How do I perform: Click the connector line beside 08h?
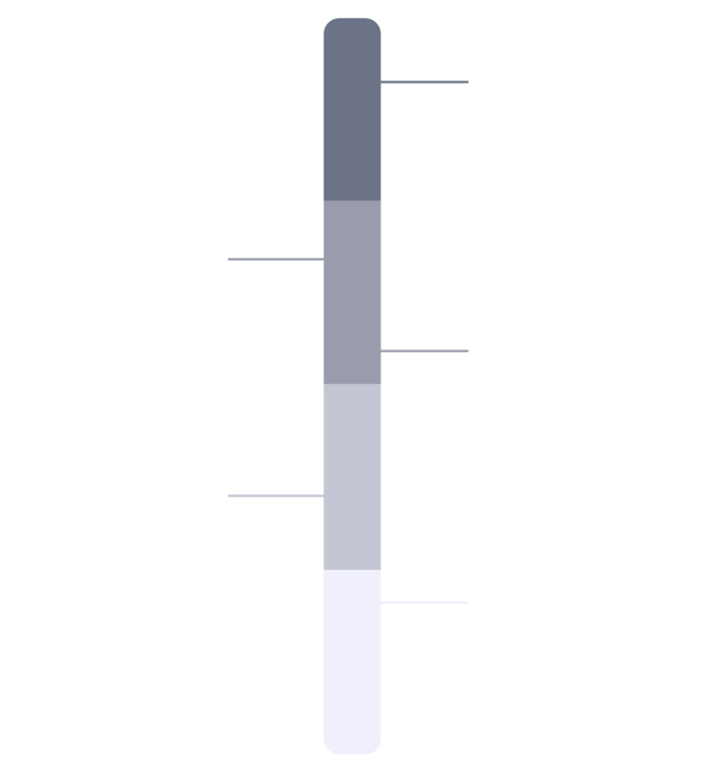point(425,82)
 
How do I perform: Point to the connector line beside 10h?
point(275,259)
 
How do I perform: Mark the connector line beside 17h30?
point(275,495)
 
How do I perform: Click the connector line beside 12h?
point(425,351)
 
